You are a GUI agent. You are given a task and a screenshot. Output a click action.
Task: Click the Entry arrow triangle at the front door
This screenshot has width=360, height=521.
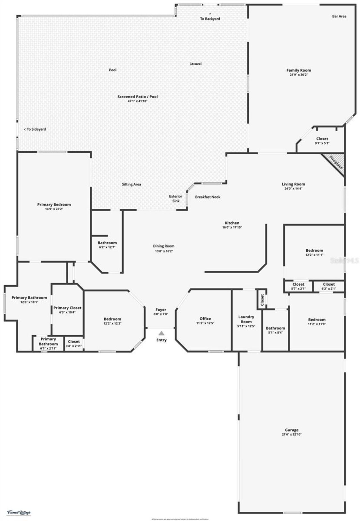[161, 333]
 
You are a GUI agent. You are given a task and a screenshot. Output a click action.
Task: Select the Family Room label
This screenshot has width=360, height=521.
[299, 70]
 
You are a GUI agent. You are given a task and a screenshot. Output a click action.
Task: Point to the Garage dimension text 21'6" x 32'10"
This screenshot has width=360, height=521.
[291, 434]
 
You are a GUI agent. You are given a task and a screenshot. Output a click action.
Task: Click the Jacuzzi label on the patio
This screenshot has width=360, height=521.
[195, 64]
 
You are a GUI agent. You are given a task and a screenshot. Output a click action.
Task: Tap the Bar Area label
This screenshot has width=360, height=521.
[339, 16]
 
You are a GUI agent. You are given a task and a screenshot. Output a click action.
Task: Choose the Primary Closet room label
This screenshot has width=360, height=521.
[67, 308]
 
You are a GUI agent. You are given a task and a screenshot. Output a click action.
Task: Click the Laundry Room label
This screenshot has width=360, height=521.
[246, 319]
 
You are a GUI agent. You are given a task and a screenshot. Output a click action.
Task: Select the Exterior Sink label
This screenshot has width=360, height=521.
[175, 199]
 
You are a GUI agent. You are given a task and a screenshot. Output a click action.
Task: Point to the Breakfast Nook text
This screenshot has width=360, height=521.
[208, 197]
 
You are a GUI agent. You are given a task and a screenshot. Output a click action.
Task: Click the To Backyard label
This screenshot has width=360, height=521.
[210, 19]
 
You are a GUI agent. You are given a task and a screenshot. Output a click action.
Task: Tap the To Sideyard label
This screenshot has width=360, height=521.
[35, 129]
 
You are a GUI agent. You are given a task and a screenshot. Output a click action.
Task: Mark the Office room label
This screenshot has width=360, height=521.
[205, 319]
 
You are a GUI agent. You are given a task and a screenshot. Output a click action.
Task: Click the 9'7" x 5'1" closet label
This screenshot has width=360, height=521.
[322, 143]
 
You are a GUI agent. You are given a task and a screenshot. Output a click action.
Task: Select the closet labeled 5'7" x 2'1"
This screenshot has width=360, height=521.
[298, 286]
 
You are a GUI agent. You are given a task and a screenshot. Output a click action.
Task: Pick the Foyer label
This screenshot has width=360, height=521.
[161, 310]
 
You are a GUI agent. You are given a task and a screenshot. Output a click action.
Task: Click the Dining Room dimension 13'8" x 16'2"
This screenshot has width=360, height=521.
[163, 251]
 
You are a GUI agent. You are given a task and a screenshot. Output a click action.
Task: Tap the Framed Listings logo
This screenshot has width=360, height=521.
[19, 513]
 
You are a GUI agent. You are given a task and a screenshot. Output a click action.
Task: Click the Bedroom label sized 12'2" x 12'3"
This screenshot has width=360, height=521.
[112, 321]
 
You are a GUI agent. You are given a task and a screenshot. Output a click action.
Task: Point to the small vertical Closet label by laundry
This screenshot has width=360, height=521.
[262, 299]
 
